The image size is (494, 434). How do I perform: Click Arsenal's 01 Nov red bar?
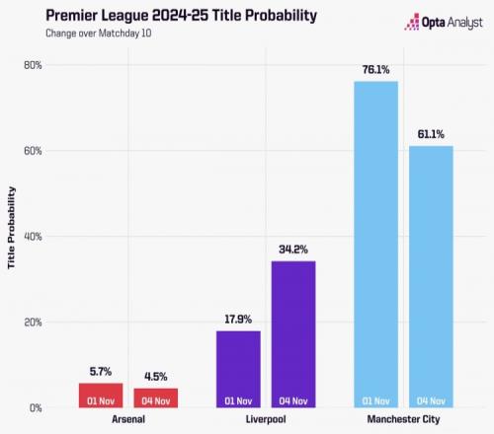coord(101,396)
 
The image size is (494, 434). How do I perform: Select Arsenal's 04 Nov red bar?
coord(156,398)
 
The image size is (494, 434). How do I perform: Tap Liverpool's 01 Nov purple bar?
coord(238,370)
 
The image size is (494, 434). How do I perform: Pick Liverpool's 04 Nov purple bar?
coord(293,334)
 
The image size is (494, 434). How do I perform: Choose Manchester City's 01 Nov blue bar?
coord(376,245)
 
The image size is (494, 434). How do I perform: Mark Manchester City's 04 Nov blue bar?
coord(431,277)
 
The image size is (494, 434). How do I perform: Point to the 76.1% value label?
coord(375,70)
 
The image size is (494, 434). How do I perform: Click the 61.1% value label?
coord(431,134)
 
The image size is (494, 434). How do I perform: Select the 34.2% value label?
coord(293,250)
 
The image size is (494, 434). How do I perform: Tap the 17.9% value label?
coord(238,320)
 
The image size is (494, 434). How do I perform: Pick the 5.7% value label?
coord(101,372)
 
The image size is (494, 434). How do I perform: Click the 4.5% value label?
coord(156,377)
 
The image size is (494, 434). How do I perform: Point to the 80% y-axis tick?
coord(33,65)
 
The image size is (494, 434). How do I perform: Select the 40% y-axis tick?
coord(33,237)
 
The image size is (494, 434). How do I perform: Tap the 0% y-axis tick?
coord(36,408)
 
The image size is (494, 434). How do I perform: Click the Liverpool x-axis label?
coord(266,419)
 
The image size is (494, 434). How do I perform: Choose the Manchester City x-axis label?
coord(403,419)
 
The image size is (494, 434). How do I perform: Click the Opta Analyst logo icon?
coord(412,22)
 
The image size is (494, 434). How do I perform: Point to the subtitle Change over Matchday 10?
coord(99,34)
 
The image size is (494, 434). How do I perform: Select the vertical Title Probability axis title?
coord(11,228)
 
